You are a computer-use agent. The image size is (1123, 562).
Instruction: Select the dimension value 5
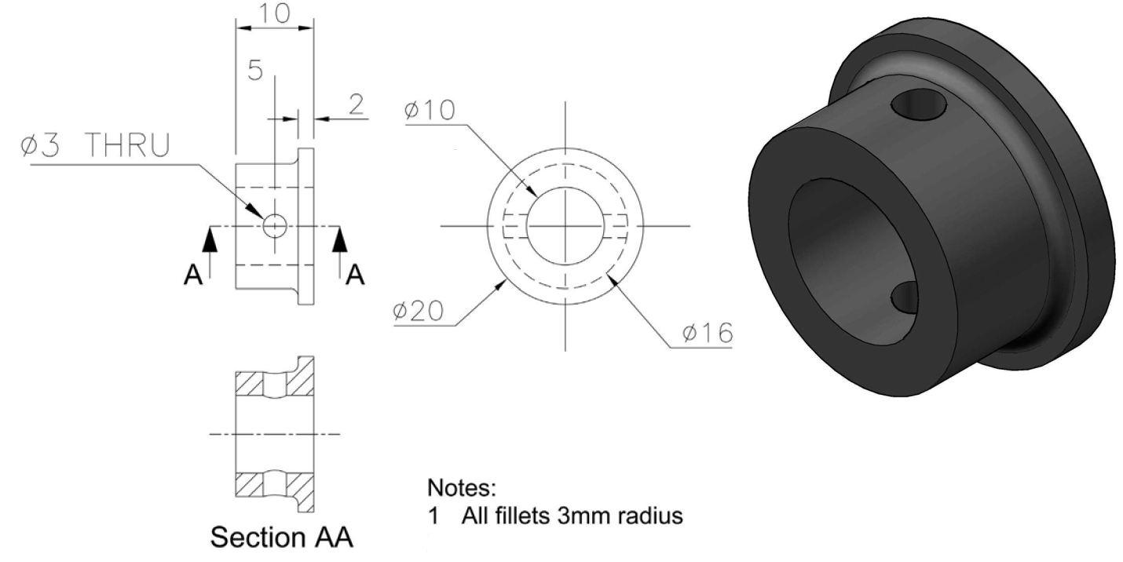(x=255, y=70)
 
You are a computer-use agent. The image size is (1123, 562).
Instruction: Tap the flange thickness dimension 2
(x=356, y=106)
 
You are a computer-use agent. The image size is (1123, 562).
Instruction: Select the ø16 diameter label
(x=707, y=333)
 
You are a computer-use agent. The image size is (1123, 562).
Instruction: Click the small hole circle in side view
(x=274, y=226)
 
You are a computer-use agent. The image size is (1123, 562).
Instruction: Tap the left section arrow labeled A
(x=210, y=243)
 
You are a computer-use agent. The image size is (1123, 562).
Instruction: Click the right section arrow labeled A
(x=340, y=243)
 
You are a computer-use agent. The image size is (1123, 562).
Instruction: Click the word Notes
(x=461, y=488)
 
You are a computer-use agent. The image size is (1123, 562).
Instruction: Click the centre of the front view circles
(x=564, y=226)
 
